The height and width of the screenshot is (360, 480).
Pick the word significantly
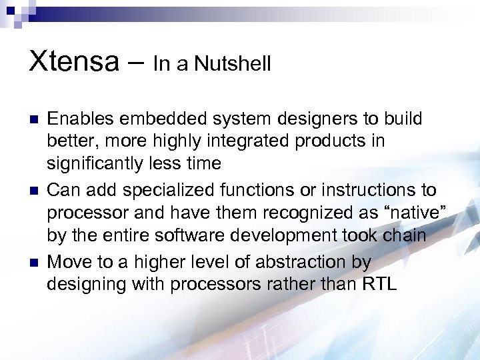(96, 164)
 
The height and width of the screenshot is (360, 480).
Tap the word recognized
(308, 214)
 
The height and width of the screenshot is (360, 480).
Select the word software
(169, 236)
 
